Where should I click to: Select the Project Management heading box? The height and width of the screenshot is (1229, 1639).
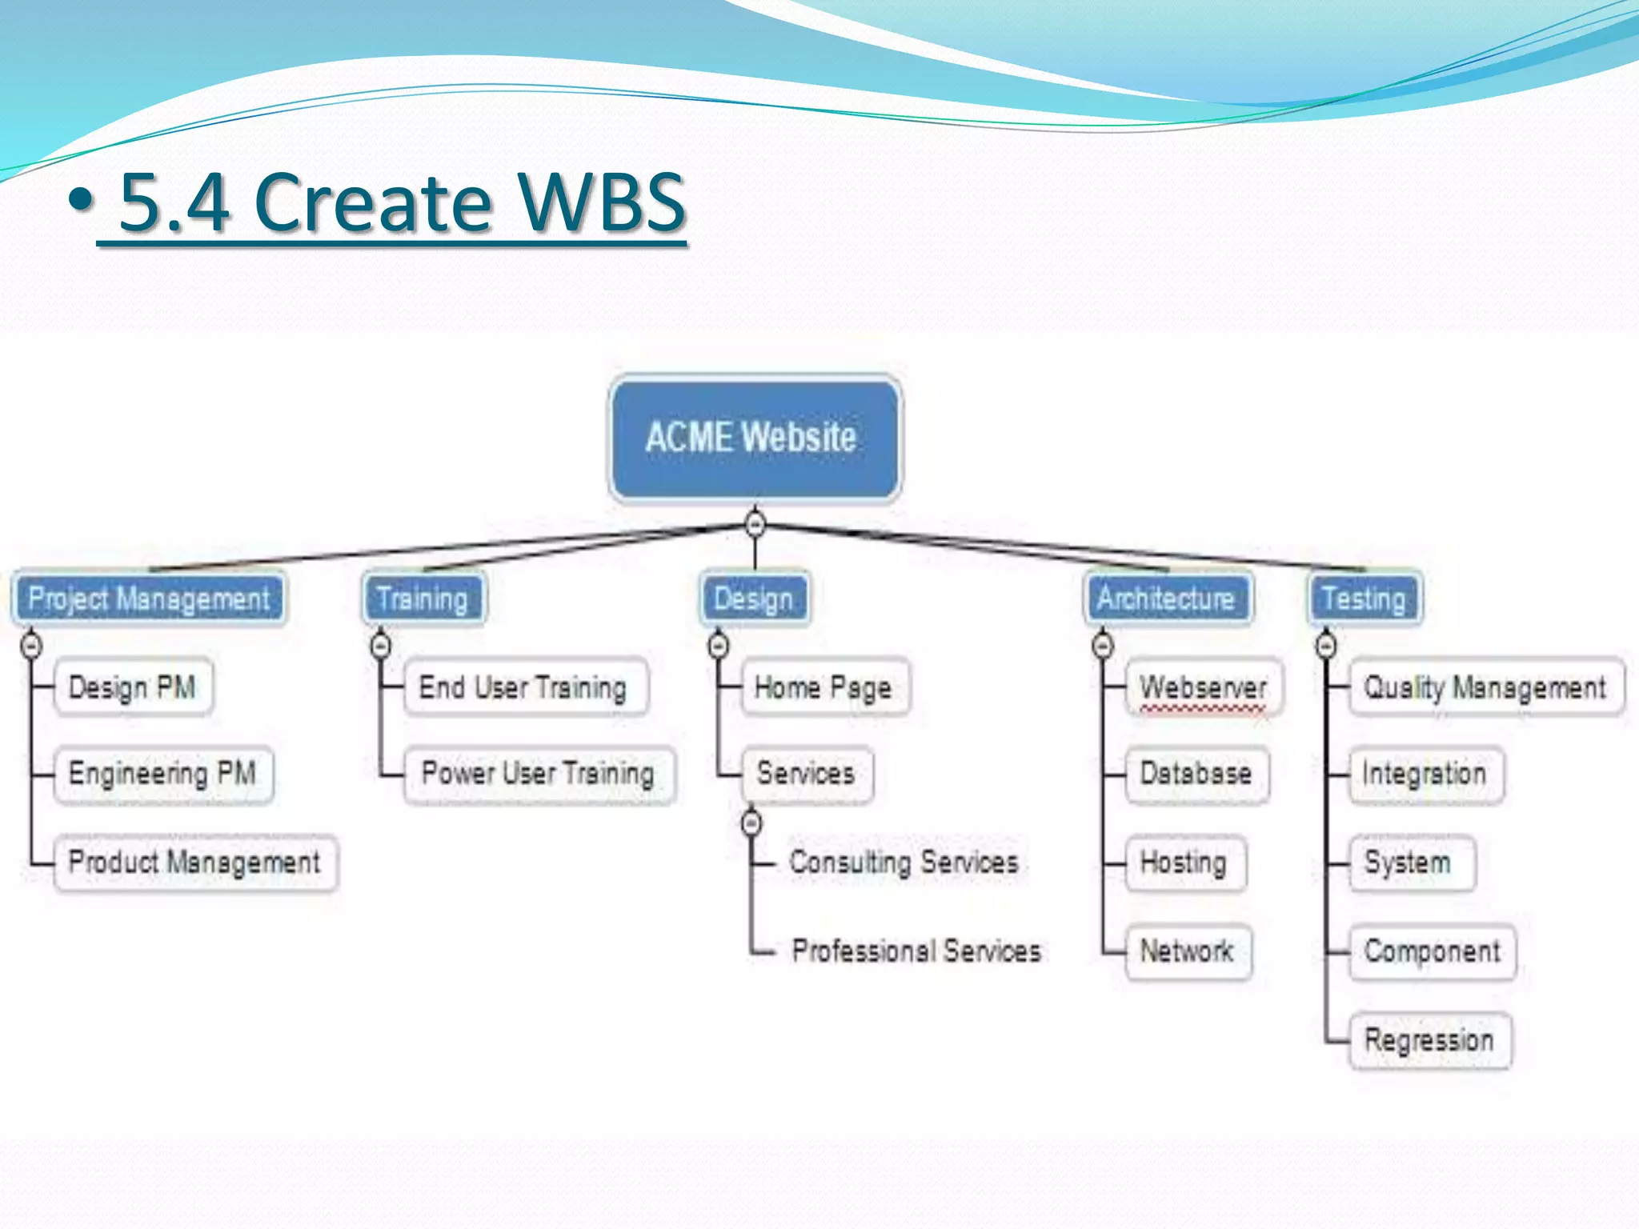pyautogui.click(x=149, y=598)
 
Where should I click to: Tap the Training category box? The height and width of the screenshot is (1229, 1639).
pyautogui.click(x=423, y=598)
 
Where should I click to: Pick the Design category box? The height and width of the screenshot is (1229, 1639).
pyautogui.click(x=754, y=598)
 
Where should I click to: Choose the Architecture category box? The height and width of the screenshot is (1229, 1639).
pyautogui.click(x=1167, y=598)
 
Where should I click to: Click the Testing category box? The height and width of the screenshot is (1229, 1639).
pyautogui.click(x=1364, y=598)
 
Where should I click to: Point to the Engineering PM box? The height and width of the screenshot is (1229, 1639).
pyautogui.click(x=163, y=774)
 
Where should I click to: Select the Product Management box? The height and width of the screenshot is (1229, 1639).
pyautogui.click(x=195, y=863)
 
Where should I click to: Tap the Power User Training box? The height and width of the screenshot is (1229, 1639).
pyautogui.click(x=539, y=774)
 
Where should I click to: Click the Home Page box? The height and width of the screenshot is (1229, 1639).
pyautogui.click(x=824, y=687)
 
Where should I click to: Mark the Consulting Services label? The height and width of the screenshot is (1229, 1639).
pyautogui.click(x=904, y=863)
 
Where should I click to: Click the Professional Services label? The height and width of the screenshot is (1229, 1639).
pyautogui.click(x=917, y=951)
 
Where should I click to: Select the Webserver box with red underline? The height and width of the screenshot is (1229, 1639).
pyautogui.click(x=1204, y=687)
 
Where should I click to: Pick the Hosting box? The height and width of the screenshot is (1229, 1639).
pyautogui.click(x=1184, y=863)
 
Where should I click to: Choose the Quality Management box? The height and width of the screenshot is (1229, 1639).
pyautogui.click(x=1485, y=687)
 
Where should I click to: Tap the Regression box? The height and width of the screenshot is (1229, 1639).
pyautogui.click(x=1429, y=1040)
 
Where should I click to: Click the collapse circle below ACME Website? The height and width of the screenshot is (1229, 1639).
pyautogui.click(x=755, y=524)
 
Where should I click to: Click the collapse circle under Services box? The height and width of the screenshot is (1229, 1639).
pyautogui.click(x=751, y=823)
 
